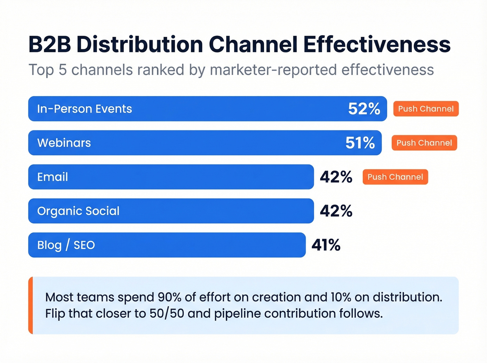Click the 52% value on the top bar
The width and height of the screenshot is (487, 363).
click(x=364, y=109)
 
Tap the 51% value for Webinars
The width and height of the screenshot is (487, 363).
click(x=360, y=143)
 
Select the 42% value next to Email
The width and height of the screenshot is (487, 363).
click(x=336, y=177)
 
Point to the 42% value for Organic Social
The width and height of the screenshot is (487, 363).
click(x=336, y=211)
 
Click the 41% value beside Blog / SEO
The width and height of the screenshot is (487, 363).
click(x=326, y=245)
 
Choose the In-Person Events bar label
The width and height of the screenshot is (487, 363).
click(x=85, y=109)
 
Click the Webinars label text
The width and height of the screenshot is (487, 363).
click(x=64, y=143)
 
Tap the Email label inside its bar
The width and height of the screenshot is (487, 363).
click(x=53, y=177)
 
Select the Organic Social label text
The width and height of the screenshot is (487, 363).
click(x=78, y=211)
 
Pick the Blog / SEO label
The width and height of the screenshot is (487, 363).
click(x=66, y=245)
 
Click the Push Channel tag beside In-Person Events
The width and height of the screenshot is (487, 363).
click(x=426, y=109)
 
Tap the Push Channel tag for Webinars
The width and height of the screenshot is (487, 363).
click(x=424, y=143)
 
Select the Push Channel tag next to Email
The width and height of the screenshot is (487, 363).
click(x=395, y=177)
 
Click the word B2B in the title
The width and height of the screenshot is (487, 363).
click(x=50, y=44)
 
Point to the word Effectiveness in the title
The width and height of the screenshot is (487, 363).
click(x=377, y=44)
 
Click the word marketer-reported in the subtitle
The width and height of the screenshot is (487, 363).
click(x=273, y=70)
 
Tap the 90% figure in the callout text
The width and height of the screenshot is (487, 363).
click(x=169, y=297)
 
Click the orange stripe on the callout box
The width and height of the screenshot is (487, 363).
click(x=31, y=305)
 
